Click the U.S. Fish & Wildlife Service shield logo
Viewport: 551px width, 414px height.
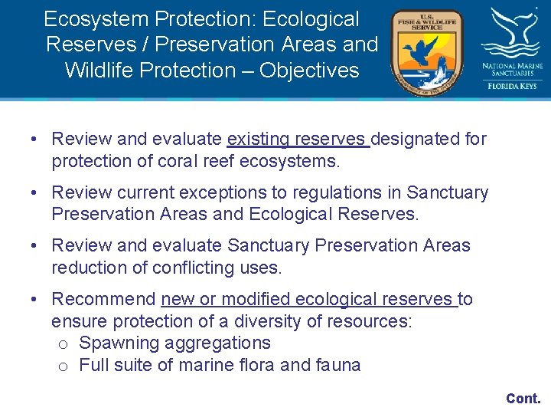[x=426, y=52]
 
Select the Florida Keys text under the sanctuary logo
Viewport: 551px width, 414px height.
[x=512, y=86]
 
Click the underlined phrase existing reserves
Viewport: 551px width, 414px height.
[x=298, y=139]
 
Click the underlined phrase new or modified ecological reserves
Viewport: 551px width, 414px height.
[x=308, y=299]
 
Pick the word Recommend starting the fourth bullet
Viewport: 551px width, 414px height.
[x=103, y=299]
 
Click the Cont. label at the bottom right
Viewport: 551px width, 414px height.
[x=523, y=398]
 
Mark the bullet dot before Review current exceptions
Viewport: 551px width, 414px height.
[x=35, y=193]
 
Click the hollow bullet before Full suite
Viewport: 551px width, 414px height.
[x=63, y=366]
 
